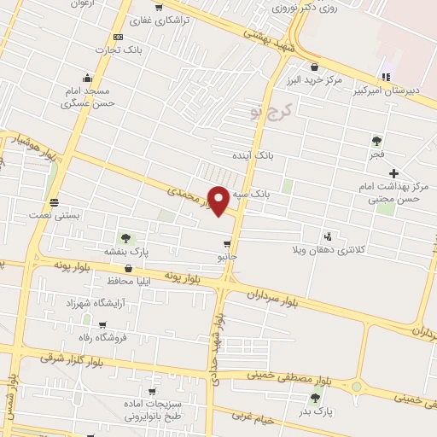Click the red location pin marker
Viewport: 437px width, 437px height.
pyautogui.click(x=218, y=201)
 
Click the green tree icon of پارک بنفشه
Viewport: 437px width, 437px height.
pyautogui.click(x=126, y=238)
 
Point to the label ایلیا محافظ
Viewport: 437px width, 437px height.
pyautogui.click(x=130, y=281)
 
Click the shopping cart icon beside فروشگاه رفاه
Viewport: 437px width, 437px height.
pyautogui.click(x=102, y=325)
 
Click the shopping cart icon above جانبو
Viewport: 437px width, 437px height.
pyautogui.click(x=226, y=244)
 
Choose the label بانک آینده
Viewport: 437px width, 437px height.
pyautogui.click(x=253, y=156)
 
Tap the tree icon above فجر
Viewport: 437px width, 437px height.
pyautogui.click(x=376, y=141)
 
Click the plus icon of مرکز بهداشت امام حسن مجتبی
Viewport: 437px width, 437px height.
pyautogui.click(x=393, y=173)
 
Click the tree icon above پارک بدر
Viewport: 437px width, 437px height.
pyautogui.click(x=317, y=398)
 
